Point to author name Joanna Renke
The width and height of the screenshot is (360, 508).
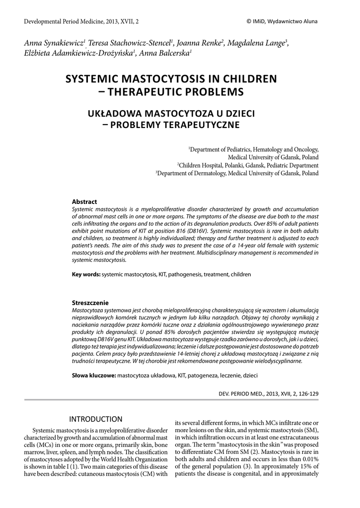tap(202, 44)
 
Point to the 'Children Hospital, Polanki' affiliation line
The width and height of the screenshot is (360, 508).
tap(247, 165)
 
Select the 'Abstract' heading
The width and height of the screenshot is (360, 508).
tap(84, 202)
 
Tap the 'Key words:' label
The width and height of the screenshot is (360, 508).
tap(86, 274)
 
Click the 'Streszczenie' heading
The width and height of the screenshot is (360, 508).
tap(90, 303)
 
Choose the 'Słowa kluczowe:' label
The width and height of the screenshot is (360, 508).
tap(94, 376)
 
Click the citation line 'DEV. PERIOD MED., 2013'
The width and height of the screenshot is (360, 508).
tap(265, 393)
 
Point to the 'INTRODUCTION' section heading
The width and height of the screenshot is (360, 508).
tap(95, 420)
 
